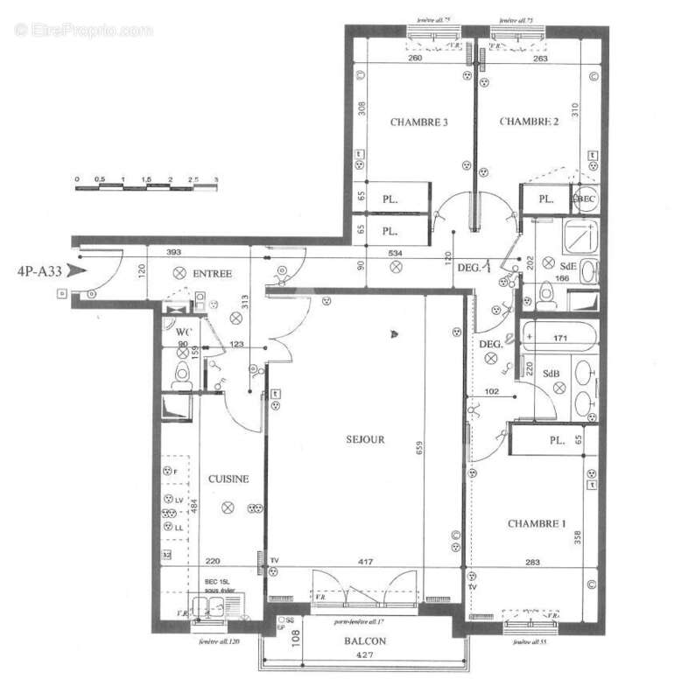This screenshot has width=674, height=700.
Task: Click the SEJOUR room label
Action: [365, 439]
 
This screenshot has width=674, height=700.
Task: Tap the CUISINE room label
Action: [228, 479]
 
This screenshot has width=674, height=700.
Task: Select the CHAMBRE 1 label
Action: [537, 523]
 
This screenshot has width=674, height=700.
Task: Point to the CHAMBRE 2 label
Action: [529, 122]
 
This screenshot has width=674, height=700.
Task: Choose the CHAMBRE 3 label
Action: [419, 122]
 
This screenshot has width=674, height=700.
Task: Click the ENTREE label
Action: [212, 274]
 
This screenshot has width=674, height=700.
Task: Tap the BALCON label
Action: [371, 640]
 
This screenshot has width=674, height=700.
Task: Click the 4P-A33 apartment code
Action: [39, 271]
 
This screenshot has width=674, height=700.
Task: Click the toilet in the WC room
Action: [183, 375]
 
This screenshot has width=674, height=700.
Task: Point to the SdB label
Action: [551, 374]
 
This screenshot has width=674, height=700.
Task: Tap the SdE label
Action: [569, 265]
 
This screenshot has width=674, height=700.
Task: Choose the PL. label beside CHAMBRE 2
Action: [546, 199]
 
